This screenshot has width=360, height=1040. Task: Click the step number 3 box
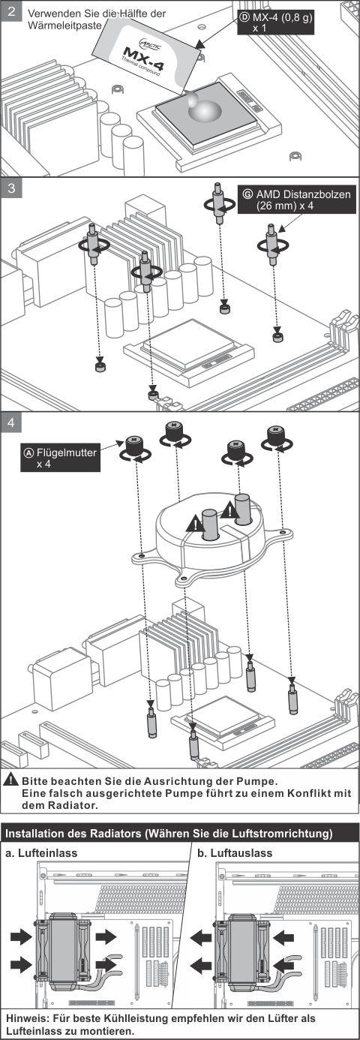click(11, 188)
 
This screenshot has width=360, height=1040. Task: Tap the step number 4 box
click(11, 423)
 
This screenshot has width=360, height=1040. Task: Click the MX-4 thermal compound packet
click(139, 56)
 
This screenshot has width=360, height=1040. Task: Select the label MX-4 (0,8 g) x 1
click(275, 23)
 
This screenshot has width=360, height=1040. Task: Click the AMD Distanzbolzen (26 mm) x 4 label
click(297, 200)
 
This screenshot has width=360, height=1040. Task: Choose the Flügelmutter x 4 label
click(60, 458)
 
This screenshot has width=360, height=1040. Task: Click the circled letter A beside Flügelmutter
click(28, 452)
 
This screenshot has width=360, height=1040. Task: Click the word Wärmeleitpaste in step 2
click(64, 26)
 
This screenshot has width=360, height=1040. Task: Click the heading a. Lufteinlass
click(42, 853)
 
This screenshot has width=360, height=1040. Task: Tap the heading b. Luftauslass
click(235, 853)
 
